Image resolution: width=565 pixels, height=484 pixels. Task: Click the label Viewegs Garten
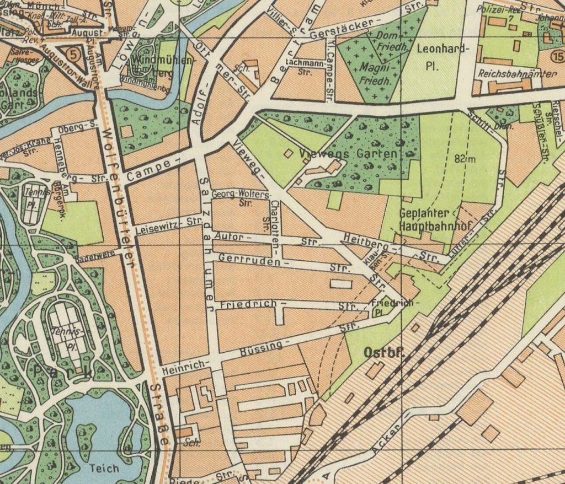[349, 154]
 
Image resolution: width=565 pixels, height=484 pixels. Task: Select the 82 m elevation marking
[466, 159]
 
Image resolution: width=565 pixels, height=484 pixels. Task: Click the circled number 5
[71, 53]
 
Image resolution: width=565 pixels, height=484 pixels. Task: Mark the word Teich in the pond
[103, 468]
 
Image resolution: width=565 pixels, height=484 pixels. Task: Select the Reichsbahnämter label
[510, 73]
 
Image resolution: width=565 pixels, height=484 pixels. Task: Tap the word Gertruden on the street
[246, 260]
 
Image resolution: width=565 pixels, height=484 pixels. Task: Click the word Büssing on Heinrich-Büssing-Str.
[262, 348]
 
